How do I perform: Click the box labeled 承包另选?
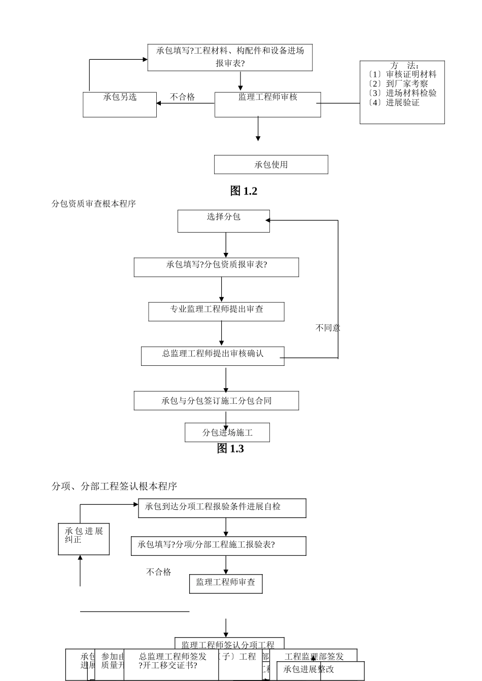click(x=120, y=104)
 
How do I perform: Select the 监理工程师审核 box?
click(x=267, y=104)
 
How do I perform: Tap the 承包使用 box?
click(x=271, y=165)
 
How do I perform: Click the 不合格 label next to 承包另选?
click(x=182, y=97)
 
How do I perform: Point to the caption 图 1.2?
click(x=244, y=191)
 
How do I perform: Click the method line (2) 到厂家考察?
click(x=399, y=84)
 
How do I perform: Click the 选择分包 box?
click(x=223, y=221)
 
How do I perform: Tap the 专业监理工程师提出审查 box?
click(x=216, y=312)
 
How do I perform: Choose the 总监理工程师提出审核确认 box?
click(x=213, y=356)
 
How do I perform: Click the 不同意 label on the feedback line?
click(x=328, y=328)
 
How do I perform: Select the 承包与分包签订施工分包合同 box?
click(x=216, y=401)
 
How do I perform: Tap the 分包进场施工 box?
click(x=227, y=433)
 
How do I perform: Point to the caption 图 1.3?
click(x=230, y=449)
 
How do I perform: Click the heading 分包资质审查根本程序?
click(x=94, y=204)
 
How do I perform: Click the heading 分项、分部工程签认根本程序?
click(x=114, y=486)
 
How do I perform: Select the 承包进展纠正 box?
click(x=84, y=539)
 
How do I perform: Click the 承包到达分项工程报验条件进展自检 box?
click(x=222, y=508)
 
